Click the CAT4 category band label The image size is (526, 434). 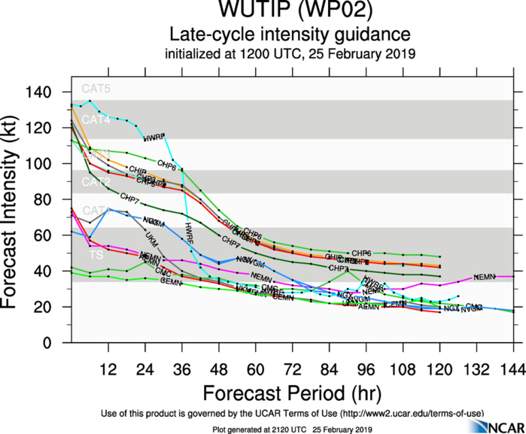96,120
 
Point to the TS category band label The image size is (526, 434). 96,256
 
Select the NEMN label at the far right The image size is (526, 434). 485,277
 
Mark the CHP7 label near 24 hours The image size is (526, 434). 129,200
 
